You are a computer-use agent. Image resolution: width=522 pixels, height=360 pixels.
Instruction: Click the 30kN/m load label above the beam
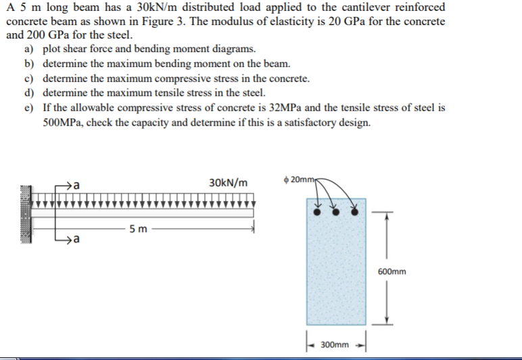[x=228, y=183]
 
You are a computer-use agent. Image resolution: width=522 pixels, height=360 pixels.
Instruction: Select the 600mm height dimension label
[x=392, y=272]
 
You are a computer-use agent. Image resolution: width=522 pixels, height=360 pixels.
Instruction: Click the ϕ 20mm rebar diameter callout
[x=302, y=180]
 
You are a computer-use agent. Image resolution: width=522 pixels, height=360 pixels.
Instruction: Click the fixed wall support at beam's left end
[x=25, y=213]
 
